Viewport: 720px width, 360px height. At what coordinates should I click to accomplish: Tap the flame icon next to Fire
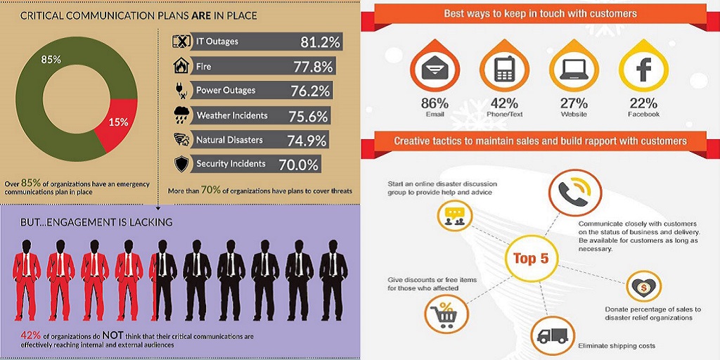(x=181, y=66)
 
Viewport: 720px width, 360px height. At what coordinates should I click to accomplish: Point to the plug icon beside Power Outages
(x=181, y=91)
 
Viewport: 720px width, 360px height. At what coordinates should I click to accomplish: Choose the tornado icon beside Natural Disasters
(x=181, y=139)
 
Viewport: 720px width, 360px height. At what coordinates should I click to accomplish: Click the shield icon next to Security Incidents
(x=181, y=164)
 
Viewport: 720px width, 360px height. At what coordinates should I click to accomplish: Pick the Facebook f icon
(x=643, y=69)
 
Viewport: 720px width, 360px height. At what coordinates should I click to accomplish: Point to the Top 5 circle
(x=531, y=259)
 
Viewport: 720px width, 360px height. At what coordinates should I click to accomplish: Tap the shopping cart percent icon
(x=446, y=313)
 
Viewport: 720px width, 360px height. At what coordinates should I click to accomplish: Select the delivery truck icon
(x=553, y=334)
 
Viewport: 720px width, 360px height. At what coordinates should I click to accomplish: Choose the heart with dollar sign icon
(x=643, y=288)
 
